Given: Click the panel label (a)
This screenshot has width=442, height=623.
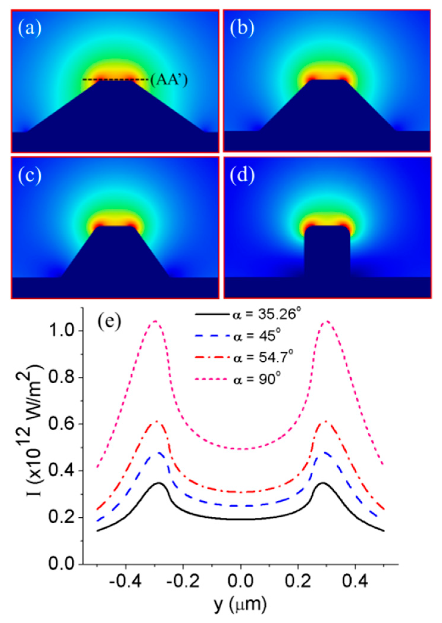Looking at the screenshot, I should pyautogui.click(x=30, y=29).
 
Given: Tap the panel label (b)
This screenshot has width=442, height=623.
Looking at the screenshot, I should pyautogui.click(x=242, y=29).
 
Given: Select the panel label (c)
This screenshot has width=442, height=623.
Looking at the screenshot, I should pyautogui.click(x=30, y=176).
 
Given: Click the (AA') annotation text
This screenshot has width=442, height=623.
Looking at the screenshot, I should pyautogui.click(x=169, y=80).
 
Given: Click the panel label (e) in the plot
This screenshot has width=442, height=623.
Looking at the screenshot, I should pyautogui.click(x=110, y=322).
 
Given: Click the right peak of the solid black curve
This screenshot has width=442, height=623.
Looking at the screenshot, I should pyautogui.click(x=323, y=483).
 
